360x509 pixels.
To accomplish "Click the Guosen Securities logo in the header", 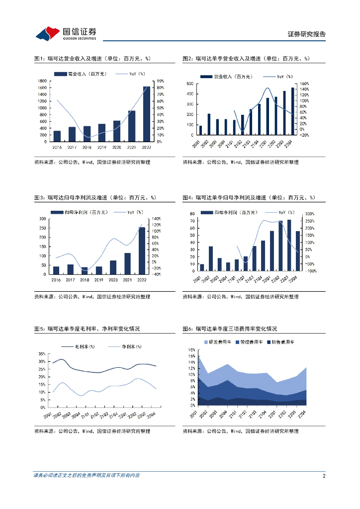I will click(65, 33).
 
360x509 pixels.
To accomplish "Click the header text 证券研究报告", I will click(307, 34).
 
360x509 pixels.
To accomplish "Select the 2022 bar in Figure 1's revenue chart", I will click(146, 114).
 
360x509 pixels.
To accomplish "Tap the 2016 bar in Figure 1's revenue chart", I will click(57, 136).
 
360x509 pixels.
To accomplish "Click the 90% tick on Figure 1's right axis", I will click(161, 81).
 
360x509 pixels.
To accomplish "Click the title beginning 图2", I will click(246, 59).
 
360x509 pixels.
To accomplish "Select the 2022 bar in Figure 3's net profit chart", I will click(142, 251).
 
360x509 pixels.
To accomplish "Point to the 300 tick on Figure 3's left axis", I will click(44, 219).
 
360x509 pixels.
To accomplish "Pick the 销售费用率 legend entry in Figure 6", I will click(282, 342).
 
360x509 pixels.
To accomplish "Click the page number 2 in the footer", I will click(324, 476).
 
